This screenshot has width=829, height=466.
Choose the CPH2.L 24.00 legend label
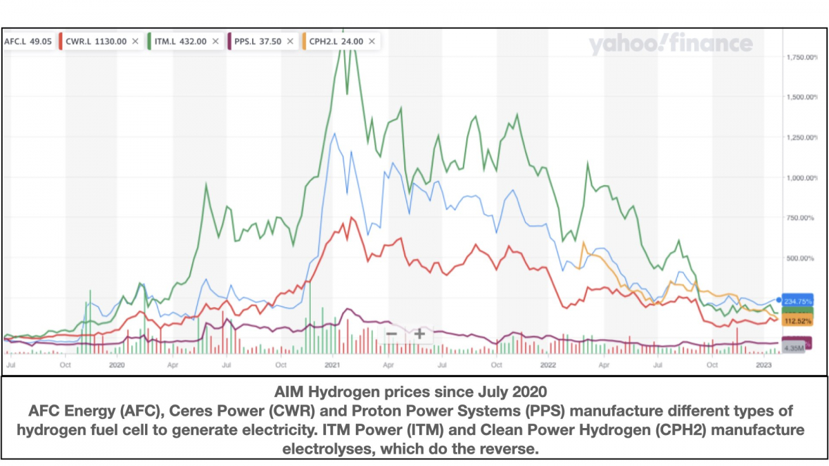click(x=340, y=41)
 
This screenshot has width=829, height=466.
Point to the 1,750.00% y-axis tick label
click(x=801, y=57)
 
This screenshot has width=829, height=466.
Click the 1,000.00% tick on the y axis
click(x=801, y=177)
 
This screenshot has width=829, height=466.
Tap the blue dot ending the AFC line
click(x=779, y=300)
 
